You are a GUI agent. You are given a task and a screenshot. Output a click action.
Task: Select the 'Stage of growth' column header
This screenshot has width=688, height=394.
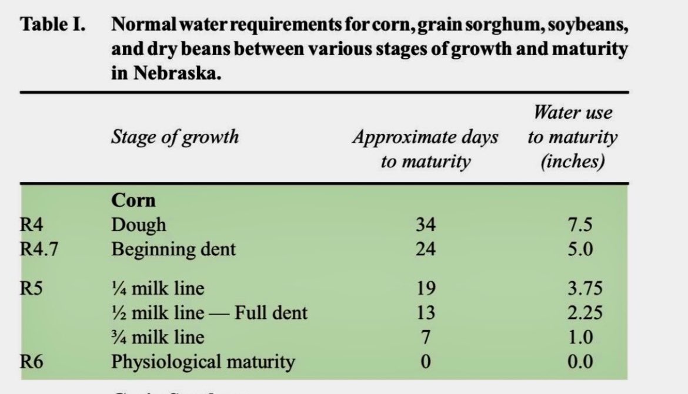[175, 137]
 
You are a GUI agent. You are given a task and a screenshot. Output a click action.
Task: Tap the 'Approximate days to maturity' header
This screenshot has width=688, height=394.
[425, 149]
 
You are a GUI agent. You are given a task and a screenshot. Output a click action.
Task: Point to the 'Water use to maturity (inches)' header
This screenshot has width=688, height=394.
[572, 137]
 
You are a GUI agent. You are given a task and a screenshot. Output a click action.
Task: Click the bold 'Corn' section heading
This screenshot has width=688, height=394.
[133, 200]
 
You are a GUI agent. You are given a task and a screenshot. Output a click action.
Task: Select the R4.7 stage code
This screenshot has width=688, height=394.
[39, 249]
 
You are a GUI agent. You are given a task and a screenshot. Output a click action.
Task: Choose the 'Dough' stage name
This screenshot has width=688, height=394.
[139, 225]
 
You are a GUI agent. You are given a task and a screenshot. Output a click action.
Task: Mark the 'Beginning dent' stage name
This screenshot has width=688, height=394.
[173, 249]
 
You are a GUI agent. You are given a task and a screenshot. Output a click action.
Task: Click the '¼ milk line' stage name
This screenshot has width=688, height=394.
[158, 288]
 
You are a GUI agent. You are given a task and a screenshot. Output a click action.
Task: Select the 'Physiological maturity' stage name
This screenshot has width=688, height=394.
[203, 361]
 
